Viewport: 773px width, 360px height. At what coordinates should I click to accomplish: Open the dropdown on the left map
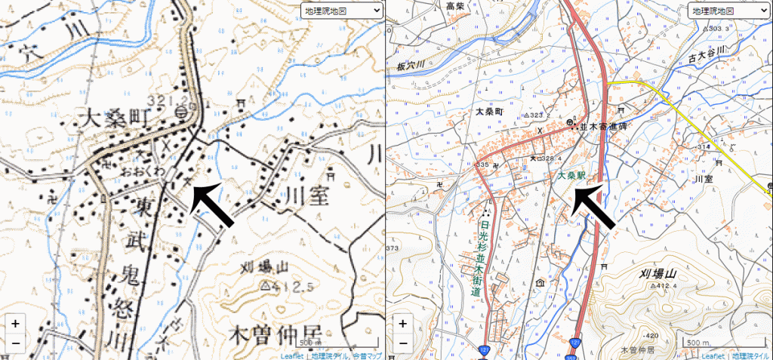click(341, 11)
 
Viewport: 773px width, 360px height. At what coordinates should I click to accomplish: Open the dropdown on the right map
click(728, 11)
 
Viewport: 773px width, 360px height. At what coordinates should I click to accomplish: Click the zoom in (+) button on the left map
click(15, 324)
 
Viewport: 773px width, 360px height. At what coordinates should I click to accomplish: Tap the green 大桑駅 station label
click(572, 174)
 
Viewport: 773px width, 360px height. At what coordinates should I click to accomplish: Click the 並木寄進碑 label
click(604, 127)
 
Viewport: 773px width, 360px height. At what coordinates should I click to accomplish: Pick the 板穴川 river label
click(411, 67)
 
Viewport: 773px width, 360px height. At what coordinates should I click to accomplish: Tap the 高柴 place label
click(455, 6)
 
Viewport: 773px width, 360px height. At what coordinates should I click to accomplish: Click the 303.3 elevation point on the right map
click(717, 29)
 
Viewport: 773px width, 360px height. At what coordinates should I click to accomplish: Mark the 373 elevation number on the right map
click(392, 248)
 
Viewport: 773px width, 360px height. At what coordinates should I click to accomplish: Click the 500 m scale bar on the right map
click(700, 343)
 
